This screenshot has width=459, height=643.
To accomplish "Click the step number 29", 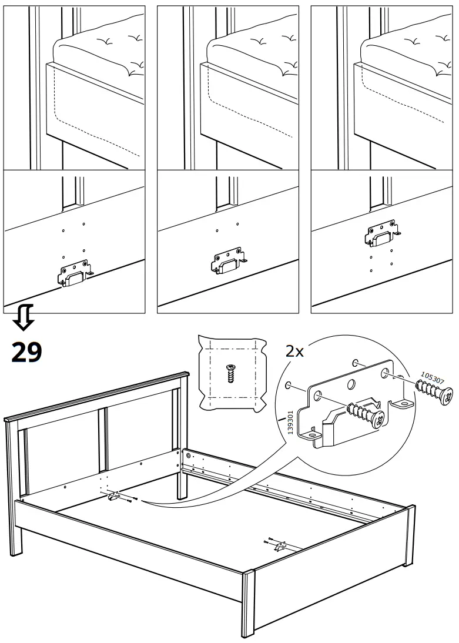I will [26, 351].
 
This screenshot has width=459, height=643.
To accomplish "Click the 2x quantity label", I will [294, 351].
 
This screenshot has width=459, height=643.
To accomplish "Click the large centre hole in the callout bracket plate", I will [351, 385].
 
